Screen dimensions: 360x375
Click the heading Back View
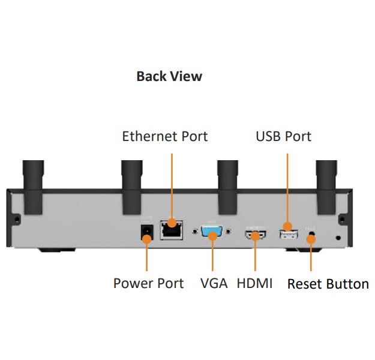(169, 77)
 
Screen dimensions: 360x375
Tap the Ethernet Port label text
(165, 137)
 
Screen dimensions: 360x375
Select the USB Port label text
(283, 137)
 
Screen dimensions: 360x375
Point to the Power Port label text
(148, 283)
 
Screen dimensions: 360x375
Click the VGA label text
(214, 283)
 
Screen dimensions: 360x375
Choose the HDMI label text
(255, 283)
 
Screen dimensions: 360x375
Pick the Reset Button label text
(328, 284)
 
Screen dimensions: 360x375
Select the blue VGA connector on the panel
(212, 231)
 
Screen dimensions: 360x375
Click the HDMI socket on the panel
(256, 235)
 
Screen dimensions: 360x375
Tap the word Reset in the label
(304, 284)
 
